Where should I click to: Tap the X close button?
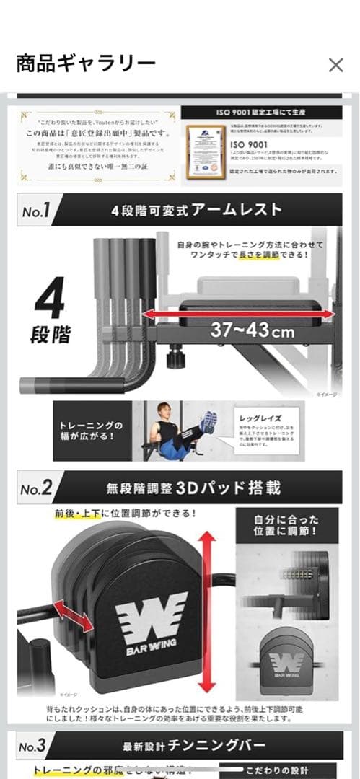tap(335, 65)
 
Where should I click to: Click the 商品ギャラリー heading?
tap(86, 64)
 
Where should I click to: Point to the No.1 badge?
tap(35, 211)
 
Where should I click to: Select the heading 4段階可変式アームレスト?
tap(196, 211)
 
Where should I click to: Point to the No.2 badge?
tap(35, 488)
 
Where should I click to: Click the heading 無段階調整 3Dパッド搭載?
tap(193, 488)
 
